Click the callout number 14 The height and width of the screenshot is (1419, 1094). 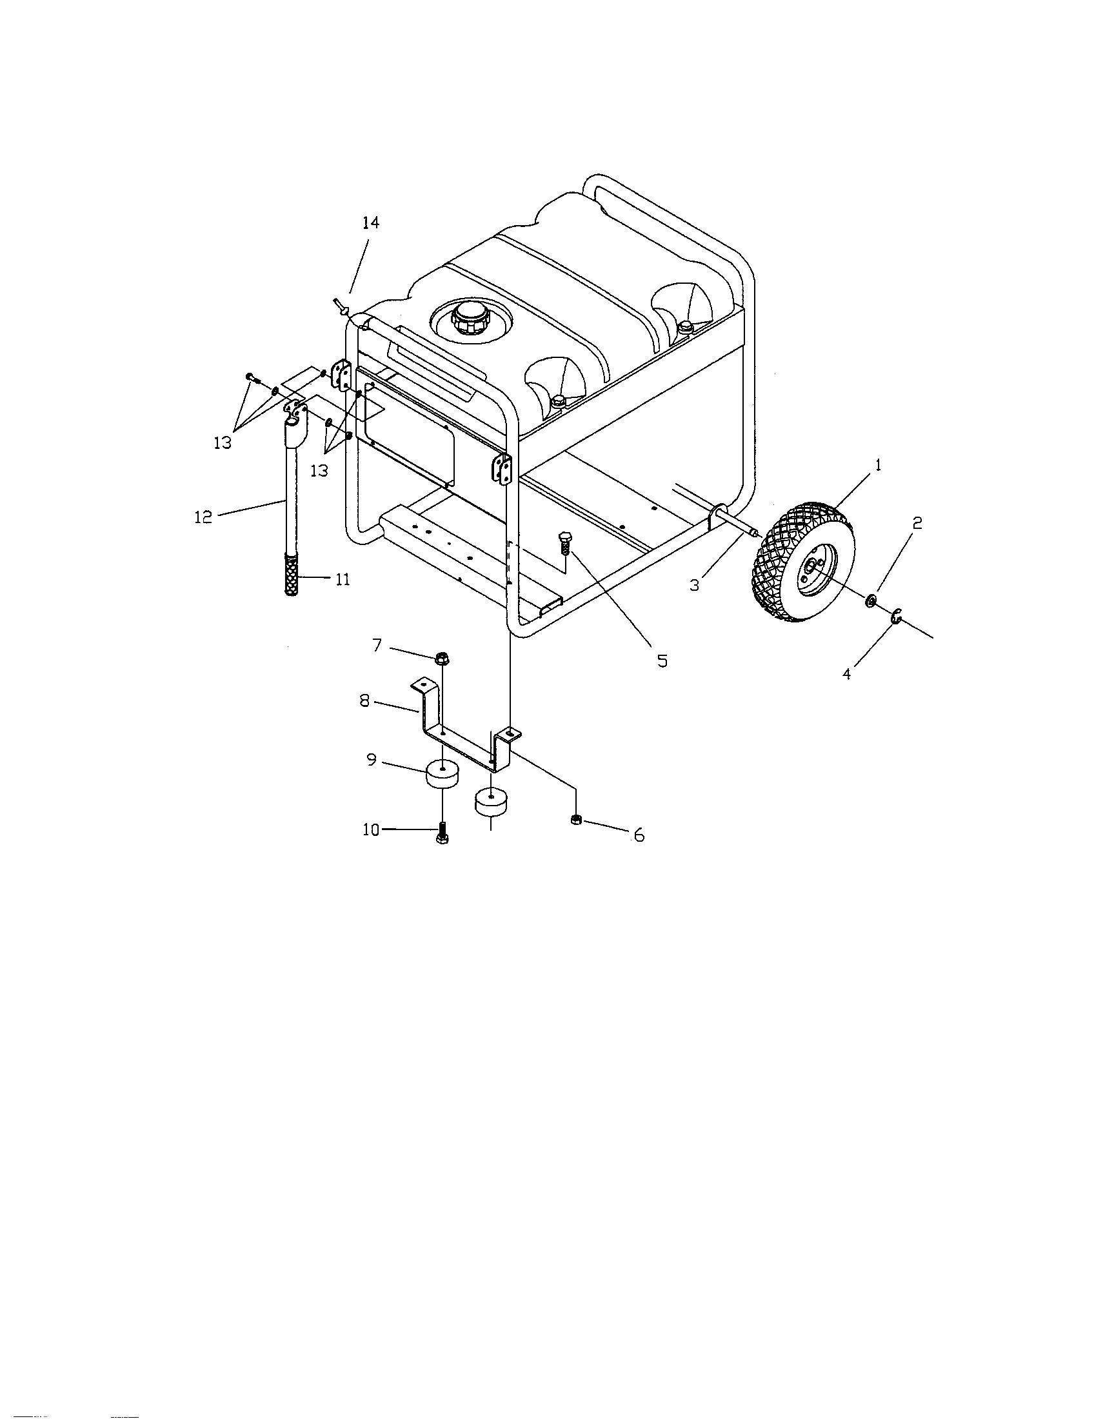370,223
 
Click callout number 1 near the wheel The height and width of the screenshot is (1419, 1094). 877,465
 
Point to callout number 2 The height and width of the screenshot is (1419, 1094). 917,524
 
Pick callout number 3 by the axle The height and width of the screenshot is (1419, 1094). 695,585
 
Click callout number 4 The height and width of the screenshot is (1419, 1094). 846,674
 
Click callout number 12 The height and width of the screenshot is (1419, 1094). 203,517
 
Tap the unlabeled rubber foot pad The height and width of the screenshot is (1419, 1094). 491,802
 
